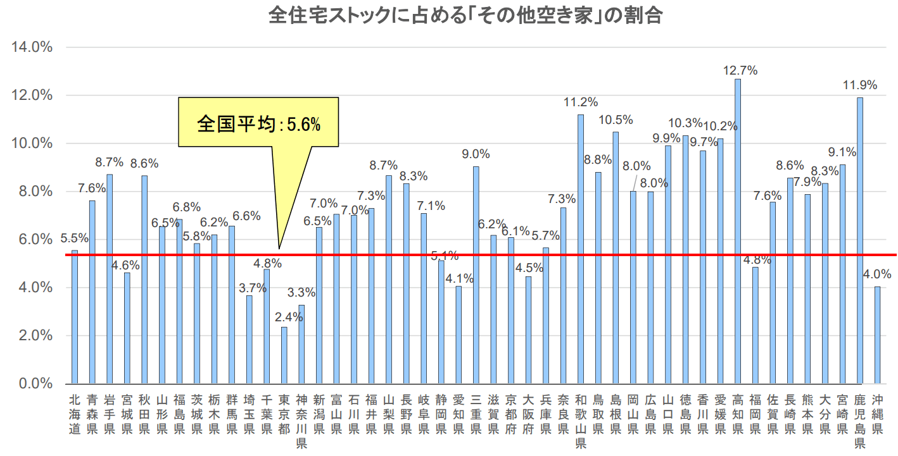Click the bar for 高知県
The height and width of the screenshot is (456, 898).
[738, 231]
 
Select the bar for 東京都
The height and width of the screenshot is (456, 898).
[284, 355]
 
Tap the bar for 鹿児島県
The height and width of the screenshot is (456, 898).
[859, 240]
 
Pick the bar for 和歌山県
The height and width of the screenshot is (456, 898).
[580, 249]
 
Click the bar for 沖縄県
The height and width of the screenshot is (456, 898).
[877, 335]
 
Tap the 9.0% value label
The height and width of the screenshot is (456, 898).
[476, 154]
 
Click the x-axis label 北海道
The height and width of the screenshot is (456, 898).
[75, 414]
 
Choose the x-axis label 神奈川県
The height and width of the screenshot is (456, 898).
[301, 421]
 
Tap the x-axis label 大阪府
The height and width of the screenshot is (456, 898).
[528, 414]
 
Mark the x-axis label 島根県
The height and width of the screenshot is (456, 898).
[615, 414]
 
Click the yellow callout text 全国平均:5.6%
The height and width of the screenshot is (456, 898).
[258, 124]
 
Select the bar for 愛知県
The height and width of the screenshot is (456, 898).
[458, 335]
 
